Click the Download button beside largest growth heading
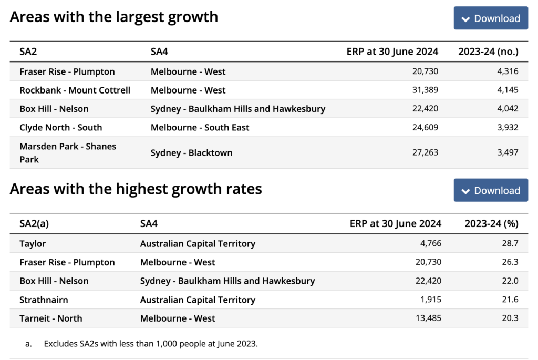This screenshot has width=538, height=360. point(491,18)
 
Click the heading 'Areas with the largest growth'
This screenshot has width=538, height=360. point(113,17)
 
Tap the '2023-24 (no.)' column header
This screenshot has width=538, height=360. point(488,52)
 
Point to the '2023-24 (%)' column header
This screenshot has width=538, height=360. point(491,223)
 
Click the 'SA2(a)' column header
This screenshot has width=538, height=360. point(34,223)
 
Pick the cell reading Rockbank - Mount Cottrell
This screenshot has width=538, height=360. point(75,90)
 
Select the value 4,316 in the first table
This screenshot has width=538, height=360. point(507,71)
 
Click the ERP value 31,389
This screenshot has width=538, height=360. point(425,90)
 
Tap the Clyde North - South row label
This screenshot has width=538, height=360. point(60,127)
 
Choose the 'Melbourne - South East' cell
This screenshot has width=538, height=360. point(200,127)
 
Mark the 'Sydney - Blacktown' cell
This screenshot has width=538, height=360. point(191,153)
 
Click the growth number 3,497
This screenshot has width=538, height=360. point(507,152)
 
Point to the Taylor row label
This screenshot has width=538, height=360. point(33,243)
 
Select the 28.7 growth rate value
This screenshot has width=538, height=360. point(510,243)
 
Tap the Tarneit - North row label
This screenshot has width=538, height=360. point(50,318)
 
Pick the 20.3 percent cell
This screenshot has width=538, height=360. point(510,318)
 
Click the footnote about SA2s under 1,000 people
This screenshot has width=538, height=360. point(151,344)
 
